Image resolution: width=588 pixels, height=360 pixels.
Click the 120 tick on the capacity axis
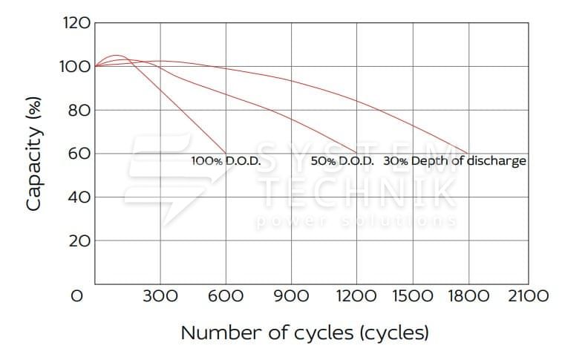point(74,23)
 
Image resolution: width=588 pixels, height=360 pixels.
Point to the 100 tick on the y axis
point(74,67)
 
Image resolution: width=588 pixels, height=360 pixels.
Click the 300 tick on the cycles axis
point(160,296)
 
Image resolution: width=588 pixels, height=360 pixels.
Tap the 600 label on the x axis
point(226,296)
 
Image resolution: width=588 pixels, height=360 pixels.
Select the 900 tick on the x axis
point(291,296)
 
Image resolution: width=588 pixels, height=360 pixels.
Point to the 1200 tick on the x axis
point(356,296)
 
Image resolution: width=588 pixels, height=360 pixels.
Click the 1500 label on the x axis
point(413,296)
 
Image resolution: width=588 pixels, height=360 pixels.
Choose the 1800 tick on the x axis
point(468,296)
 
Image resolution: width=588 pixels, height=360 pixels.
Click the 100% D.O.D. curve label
point(225,160)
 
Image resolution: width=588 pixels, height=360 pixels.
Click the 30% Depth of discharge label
point(455,160)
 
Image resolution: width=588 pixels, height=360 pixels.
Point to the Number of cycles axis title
point(304,332)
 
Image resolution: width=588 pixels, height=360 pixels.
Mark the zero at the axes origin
point(76,296)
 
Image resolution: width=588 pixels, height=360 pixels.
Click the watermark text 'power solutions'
point(356,221)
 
